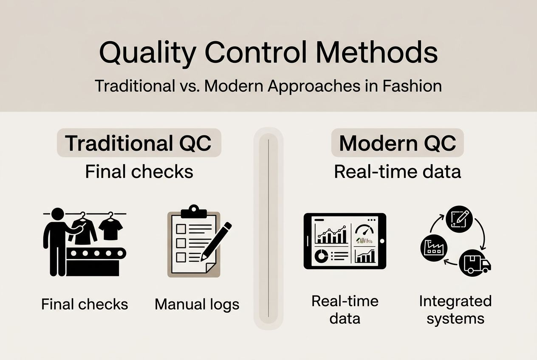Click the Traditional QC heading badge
[139, 143]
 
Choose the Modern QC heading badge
[397, 143]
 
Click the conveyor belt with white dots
[96, 253]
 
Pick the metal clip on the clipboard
[193, 211]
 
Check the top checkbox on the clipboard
[181, 229]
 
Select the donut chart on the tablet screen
[321, 256]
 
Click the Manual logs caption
[197, 304]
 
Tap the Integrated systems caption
[455, 309]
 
